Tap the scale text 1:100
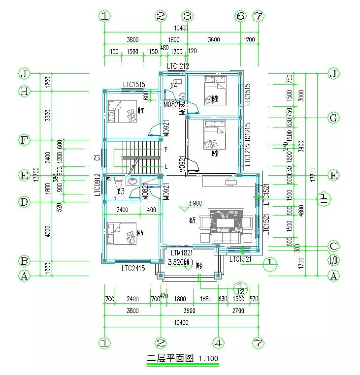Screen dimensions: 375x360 208,358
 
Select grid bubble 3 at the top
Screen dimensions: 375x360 186,16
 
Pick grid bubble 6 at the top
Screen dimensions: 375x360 240,16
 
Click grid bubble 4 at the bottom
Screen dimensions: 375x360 218,343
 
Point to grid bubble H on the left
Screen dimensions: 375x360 24,91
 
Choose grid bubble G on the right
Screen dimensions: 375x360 334,118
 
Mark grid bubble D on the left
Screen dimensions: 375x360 24,202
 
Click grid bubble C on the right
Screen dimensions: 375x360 334,246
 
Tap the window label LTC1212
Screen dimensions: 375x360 178,66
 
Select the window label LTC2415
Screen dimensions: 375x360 133,269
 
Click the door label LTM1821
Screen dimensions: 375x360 178,252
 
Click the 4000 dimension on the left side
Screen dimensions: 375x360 48,231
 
